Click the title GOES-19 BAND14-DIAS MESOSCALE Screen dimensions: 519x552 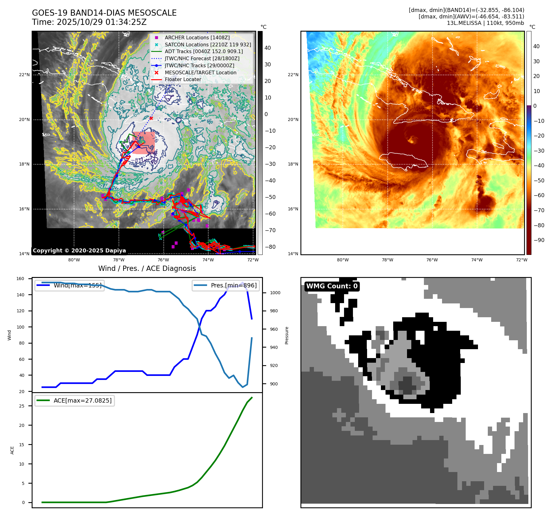[104, 13]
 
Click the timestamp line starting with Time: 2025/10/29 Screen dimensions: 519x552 [89, 22]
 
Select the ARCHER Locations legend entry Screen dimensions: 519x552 [197, 37]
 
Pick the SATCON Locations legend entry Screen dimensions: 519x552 [208, 45]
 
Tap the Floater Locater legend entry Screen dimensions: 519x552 [183, 79]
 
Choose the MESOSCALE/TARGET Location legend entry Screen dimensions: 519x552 [200, 72]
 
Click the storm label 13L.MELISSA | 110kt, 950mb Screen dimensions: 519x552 [485, 23]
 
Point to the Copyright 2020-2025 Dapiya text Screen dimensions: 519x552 [79, 251]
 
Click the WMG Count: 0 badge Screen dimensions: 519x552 [332, 286]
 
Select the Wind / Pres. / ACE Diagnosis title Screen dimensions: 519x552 [147, 268]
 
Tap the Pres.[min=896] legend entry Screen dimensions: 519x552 [233, 285]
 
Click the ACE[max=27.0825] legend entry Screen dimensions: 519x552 [82, 400]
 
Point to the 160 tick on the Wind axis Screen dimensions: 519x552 [20, 279]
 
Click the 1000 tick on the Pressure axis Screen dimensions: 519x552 [275, 293]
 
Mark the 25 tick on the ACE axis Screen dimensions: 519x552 [22, 406]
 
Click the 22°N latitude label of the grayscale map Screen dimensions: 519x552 [25, 75]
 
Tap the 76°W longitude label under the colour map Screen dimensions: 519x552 [432, 260]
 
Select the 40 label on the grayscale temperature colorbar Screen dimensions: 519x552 [268, 48]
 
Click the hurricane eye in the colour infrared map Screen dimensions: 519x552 [411, 140]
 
